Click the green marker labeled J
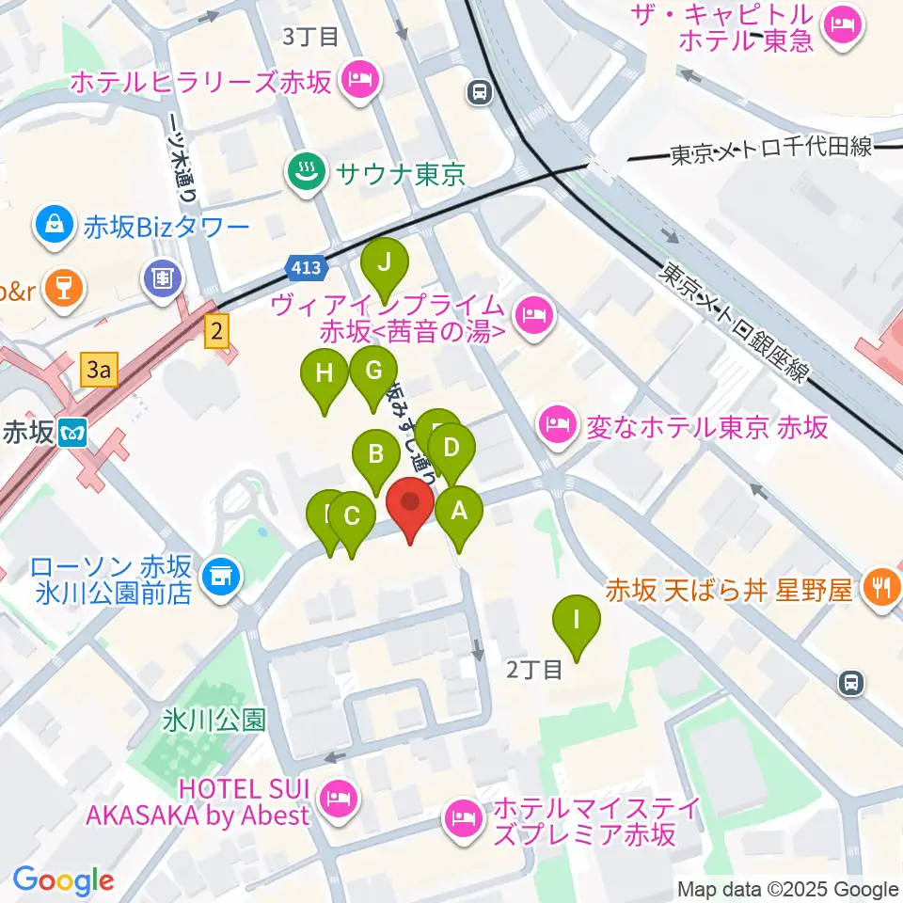pyautogui.click(x=384, y=263)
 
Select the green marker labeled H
pyautogui.click(x=325, y=373)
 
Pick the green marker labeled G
pyautogui.click(x=373, y=370)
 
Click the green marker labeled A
pyautogui.click(x=459, y=512)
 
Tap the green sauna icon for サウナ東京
pyautogui.click(x=306, y=172)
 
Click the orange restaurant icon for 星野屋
pyautogui.click(x=881, y=590)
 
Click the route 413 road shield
pyautogui.click(x=307, y=269)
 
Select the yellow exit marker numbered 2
pyautogui.click(x=218, y=331)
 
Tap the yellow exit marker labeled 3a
pyautogui.click(x=99, y=370)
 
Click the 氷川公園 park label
pyautogui.click(x=214, y=721)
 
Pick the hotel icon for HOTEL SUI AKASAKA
pyautogui.click(x=338, y=801)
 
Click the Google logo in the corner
pyautogui.click(x=64, y=881)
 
